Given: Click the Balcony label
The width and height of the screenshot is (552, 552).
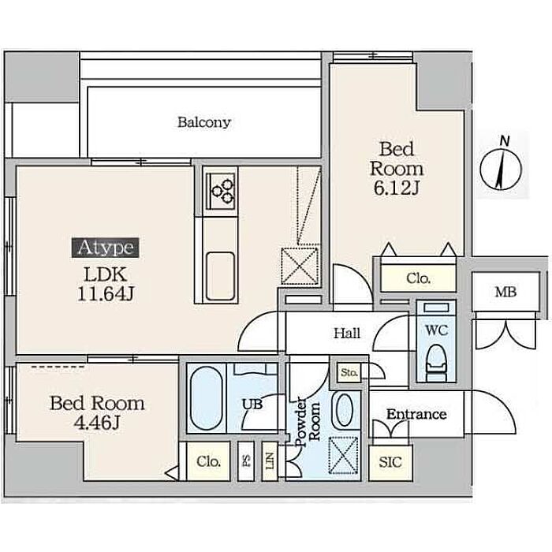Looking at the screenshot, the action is (x=204, y=122).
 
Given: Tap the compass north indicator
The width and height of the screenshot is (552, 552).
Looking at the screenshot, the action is (x=501, y=164).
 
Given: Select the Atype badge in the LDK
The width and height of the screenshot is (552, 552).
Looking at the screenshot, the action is (x=105, y=248).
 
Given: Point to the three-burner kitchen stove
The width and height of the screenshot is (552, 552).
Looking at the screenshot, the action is (x=222, y=192).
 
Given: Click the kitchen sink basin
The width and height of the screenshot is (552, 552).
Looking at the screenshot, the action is (x=220, y=276).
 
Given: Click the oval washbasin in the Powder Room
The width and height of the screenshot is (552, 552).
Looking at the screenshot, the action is (x=345, y=411).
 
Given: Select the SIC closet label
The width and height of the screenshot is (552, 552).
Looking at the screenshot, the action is (x=390, y=462).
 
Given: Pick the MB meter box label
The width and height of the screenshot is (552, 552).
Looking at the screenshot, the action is (x=505, y=292).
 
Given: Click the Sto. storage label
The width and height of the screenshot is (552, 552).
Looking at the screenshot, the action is (x=349, y=372).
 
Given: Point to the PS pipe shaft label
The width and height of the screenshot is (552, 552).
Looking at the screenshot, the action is (x=246, y=461).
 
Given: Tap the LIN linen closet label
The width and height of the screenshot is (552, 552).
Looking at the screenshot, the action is (x=270, y=461).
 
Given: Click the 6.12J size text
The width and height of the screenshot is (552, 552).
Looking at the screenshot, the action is (x=396, y=188).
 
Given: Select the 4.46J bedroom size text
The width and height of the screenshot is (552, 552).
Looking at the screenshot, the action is (x=97, y=423).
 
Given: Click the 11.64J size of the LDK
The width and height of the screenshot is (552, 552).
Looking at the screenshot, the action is (x=105, y=293).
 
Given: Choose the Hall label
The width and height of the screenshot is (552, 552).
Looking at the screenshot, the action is (x=347, y=333).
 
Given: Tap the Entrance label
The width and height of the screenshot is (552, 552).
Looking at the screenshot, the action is (x=416, y=414).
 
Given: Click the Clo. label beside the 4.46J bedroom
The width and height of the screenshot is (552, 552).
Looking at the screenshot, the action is (x=209, y=461).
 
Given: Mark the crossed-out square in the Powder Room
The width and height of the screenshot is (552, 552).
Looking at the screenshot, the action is (x=343, y=456).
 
